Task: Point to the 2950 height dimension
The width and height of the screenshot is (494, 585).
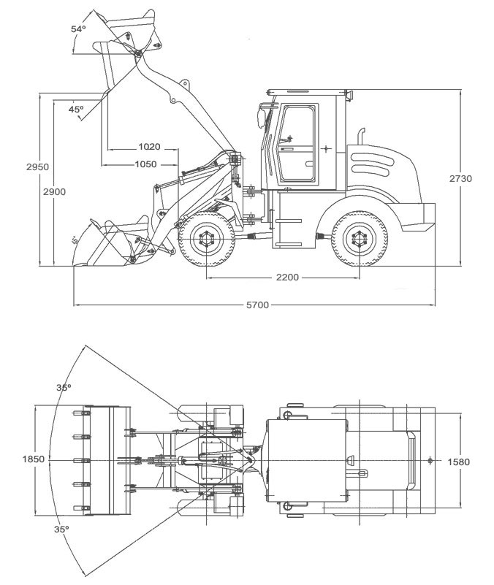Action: point(37,167)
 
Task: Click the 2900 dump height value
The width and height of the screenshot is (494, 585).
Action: point(54,191)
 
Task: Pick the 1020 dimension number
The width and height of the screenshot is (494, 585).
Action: point(148,147)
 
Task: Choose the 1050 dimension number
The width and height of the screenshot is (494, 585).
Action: point(145,164)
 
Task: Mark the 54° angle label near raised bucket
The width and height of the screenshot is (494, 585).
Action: point(78,29)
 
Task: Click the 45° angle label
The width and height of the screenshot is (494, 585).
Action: point(76,109)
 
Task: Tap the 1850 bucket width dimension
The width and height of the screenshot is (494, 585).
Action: point(34,459)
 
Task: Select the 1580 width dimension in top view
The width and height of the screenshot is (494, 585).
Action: point(458,462)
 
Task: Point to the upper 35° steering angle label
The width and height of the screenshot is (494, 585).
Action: point(64,388)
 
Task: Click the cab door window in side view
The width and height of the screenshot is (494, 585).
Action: point(299,142)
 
